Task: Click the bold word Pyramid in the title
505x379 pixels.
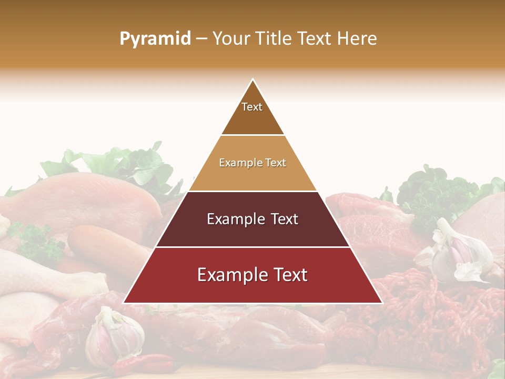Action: (x=155, y=39)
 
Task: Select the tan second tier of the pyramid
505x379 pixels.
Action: (x=252, y=163)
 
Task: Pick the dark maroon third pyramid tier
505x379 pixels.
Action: (x=252, y=220)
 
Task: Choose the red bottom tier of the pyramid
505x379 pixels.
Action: (x=252, y=275)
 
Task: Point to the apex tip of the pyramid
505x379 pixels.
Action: (x=252, y=80)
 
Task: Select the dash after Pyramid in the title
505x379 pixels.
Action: (x=201, y=39)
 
